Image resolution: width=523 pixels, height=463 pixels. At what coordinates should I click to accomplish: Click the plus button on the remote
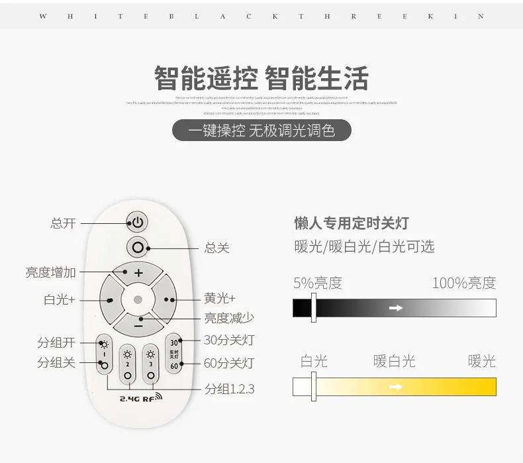pos(138,272)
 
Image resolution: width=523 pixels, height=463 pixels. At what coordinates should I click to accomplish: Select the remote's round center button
pos(138,299)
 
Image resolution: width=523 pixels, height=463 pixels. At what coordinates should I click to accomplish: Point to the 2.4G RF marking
pos(140,398)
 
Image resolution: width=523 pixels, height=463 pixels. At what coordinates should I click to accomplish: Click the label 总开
pos(64,223)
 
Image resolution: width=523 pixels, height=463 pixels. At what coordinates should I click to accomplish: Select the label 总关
pos(217,248)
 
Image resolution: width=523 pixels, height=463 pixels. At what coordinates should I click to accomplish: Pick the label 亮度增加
pos(51,272)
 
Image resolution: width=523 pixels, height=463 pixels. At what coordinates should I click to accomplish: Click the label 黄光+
pos(220,299)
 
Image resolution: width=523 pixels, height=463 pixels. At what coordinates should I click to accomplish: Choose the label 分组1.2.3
pos(230,389)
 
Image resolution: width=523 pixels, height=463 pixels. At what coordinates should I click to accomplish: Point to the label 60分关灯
pos(229,363)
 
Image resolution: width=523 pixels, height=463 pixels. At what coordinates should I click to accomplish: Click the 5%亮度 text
pos(318,283)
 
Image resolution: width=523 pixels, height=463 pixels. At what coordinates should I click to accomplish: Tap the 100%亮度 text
pos(463,283)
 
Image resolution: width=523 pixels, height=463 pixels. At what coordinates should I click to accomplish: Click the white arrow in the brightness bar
pos(396,308)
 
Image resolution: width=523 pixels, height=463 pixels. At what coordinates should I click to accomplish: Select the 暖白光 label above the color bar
pos(395,361)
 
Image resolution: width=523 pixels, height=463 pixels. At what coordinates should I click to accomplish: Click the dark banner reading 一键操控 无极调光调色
pos(261,130)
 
